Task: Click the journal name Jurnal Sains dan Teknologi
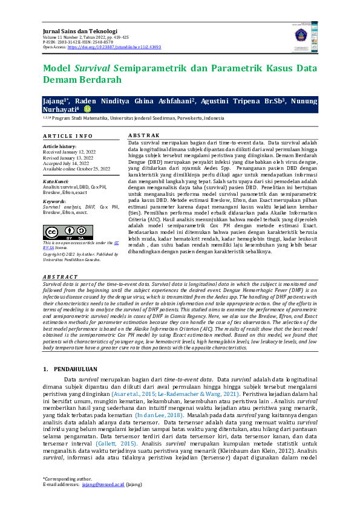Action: (79, 30)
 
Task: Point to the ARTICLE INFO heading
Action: (68, 136)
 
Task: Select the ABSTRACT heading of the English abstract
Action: (61, 276)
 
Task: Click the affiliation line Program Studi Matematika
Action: (133, 118)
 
